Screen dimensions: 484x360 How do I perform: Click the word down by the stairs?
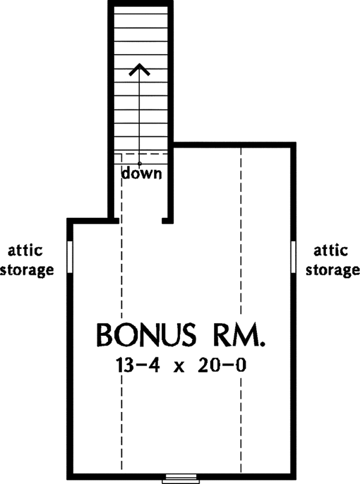point(142,174)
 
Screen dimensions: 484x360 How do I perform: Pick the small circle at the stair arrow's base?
point(140,163)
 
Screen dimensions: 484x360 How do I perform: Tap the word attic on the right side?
point(332,251)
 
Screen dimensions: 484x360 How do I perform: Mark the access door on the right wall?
point(293,258)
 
